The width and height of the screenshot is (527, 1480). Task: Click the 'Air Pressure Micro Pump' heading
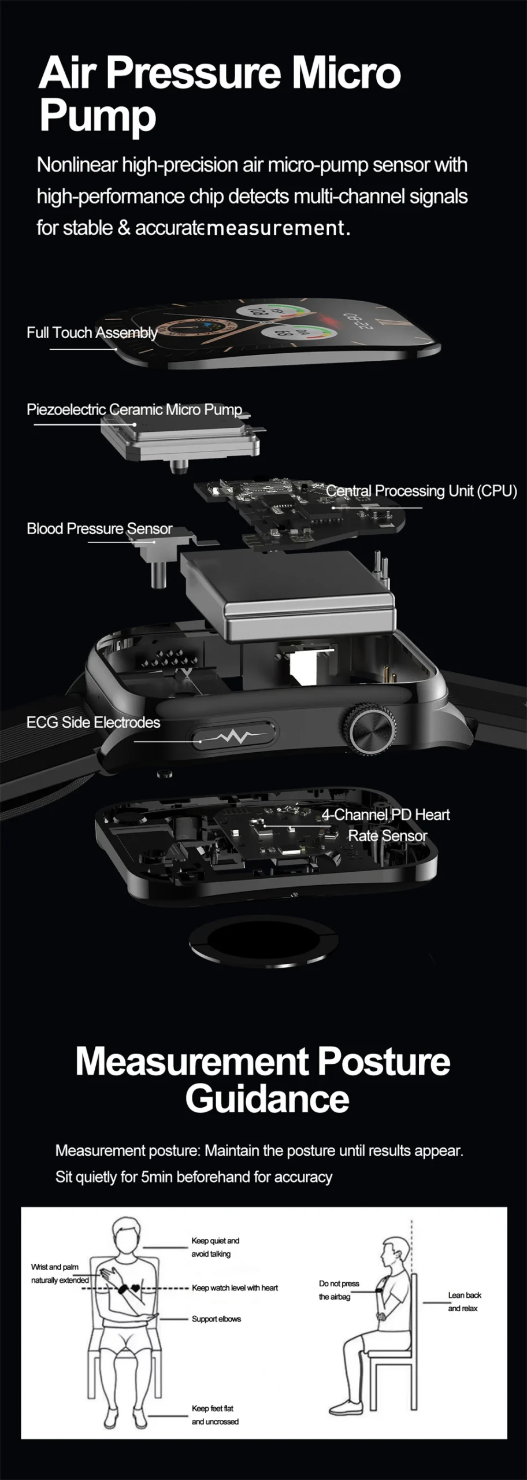click(x=220, y=94)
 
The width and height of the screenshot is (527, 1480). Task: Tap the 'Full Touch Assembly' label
click(x=92, y=332)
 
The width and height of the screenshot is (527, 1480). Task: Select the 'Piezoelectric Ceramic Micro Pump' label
click(x=134, y=409)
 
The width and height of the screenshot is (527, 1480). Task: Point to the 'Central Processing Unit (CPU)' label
click(x=421, y=491)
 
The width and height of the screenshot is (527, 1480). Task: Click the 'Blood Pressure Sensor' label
click(x=99, y=528)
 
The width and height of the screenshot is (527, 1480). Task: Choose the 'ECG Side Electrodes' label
click(x=93, y=722)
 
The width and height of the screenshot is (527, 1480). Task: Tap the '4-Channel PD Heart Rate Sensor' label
click(x=385, y=825)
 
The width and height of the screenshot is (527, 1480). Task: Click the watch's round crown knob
click(x=373, y=729)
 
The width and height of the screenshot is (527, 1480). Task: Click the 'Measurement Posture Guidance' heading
click(x=263, y=1079)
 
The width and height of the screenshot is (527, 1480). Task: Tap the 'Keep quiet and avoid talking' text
click(x=215, y=1247)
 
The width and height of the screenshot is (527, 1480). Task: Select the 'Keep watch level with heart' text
click(x=235, y=1287)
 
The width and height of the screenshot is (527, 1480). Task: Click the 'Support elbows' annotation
click(x=216, y=1319)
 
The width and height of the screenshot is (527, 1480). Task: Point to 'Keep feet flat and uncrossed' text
click(x=215, y=1415)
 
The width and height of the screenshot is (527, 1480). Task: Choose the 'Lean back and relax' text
click(x=465, y=1301)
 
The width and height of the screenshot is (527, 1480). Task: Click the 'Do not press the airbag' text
click(x=339, y=1290)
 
